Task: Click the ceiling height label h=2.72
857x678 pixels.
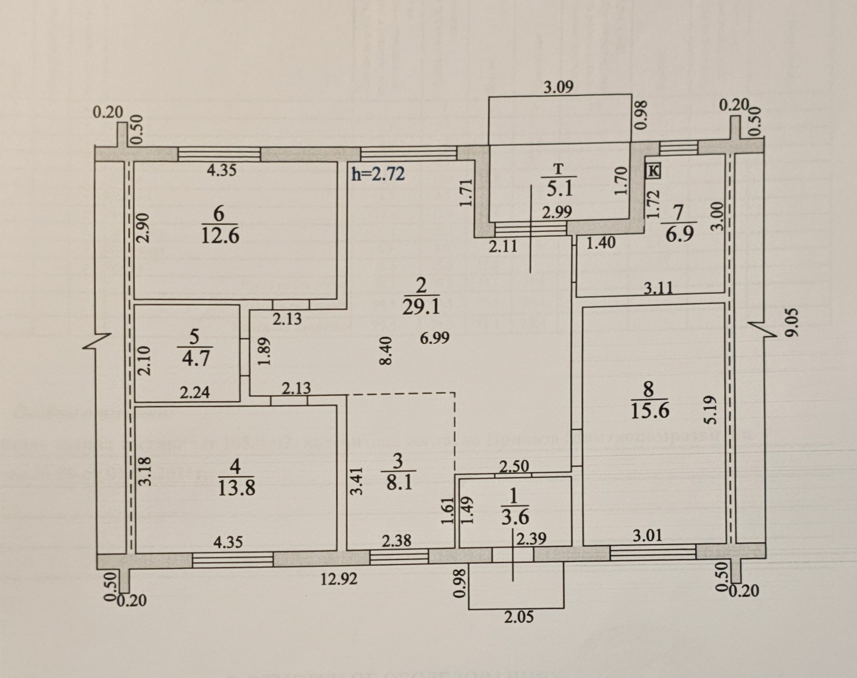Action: point(378,174)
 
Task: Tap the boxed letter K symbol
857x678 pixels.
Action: point(654,170)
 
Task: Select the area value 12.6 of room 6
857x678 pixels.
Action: point(220,236)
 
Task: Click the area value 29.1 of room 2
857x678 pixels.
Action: point(421,307)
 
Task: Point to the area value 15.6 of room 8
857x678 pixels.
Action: point(649,411)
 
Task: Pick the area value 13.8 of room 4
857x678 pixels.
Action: point(236,488)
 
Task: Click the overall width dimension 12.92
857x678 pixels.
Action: point(339,580)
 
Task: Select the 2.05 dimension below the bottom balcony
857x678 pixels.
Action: point(519,617)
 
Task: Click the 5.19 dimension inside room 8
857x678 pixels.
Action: point(712,409)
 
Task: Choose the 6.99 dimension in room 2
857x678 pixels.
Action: point(434,338)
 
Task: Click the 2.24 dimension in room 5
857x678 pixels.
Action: point(195,393)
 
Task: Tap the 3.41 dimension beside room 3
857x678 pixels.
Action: point(357,481)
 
